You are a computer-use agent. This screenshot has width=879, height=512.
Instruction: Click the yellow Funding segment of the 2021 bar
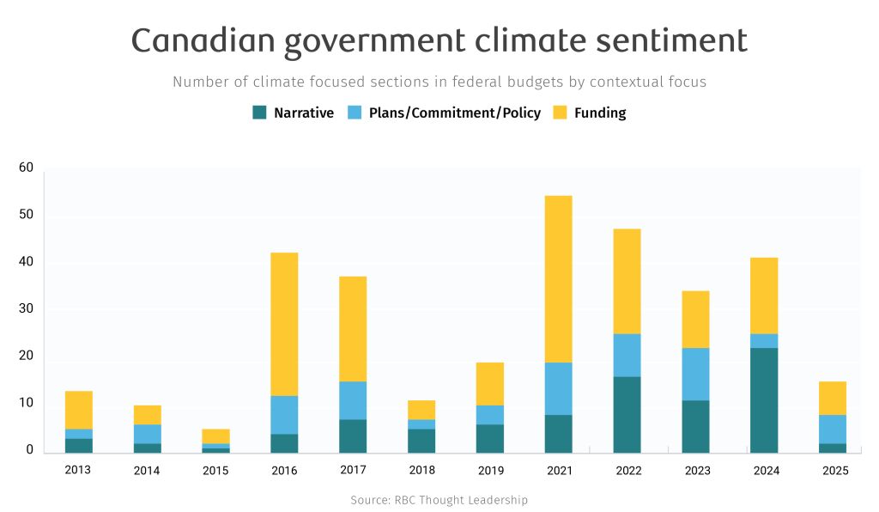click(558, 279)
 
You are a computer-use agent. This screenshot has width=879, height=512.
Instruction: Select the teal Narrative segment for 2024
click(764, 399)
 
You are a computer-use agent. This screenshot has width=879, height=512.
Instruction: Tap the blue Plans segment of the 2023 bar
click(695, 374)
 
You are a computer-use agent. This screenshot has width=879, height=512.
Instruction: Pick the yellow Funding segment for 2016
click(284, 324)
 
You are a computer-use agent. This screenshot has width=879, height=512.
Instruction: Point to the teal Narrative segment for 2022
click(627, 414)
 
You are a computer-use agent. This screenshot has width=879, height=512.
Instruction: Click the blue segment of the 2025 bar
click(833, 429)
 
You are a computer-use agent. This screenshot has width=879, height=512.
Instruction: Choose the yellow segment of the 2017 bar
click(353, 329)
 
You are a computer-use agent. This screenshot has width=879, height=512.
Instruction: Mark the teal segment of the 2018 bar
click(421, 440)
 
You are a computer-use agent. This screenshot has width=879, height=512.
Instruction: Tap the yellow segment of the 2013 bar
click(79, 410)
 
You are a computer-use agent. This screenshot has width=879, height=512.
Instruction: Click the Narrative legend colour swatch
click(259, 113)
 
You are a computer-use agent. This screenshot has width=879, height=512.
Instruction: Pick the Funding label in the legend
click(600, 113)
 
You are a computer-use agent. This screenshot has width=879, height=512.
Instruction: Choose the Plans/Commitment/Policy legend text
click(455, 113)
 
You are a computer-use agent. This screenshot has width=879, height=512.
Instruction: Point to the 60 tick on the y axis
click(26, 168)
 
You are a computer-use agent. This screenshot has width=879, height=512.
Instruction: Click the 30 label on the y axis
click(26, 309)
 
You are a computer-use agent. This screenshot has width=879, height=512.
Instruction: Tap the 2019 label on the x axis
click(490, 470)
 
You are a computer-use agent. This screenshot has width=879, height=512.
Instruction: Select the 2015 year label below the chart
click(215, 470)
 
